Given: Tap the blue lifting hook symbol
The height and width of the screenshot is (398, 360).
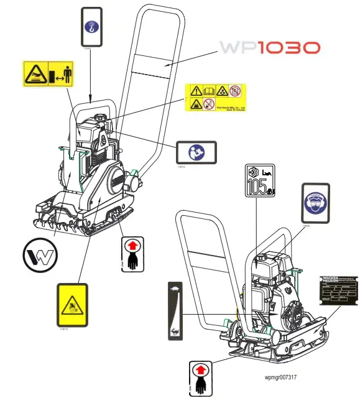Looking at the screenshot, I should click(x=91, y=27).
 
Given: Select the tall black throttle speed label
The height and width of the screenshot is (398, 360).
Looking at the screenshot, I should click(x=175, y=310).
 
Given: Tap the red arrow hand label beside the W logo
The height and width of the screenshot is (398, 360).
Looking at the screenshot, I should click(x=131, y=254).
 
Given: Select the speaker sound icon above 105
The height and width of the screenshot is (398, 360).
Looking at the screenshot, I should click(x=252, y=172).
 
